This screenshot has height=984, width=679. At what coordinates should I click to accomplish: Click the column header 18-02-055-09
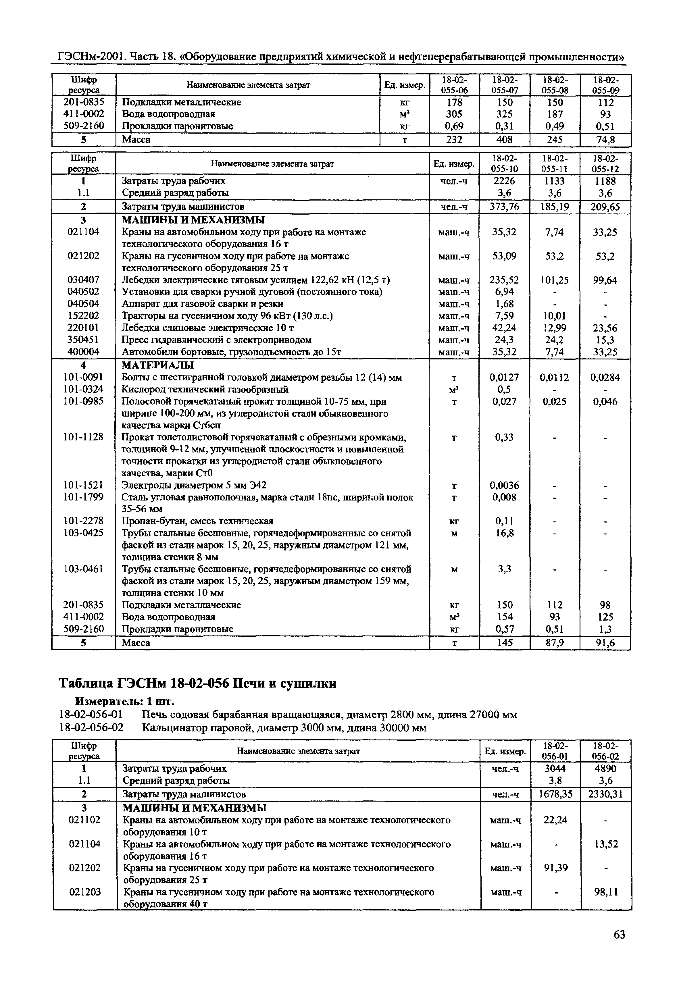pos(605,85)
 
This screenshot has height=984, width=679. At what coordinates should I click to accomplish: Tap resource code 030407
pos(83,280)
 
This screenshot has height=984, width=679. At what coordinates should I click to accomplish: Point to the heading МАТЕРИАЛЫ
pos(157,365)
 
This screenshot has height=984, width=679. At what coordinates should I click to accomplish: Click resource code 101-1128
pos(83,437)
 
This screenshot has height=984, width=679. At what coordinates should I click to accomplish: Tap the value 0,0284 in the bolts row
pos(605,378)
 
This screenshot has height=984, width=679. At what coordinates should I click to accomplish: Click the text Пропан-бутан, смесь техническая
pos(197,521)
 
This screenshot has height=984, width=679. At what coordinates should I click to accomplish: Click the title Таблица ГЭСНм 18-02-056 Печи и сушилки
pos(197,683)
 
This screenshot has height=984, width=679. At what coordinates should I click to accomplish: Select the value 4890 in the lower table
pos(605,769)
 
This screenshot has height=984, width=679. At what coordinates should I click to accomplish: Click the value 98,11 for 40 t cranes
pos(606,892)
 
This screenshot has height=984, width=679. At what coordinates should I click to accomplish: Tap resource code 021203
pos(85,892)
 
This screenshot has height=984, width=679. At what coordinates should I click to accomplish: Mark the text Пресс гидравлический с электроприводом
pos(217,340)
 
